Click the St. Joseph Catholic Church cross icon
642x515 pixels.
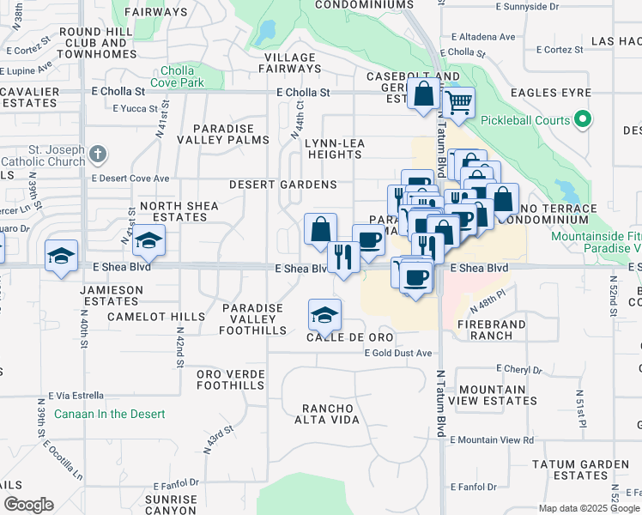click(98, 155)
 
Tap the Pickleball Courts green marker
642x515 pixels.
click(584, 120)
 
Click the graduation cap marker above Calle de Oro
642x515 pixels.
click(325, 314)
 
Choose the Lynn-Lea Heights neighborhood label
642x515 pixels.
click(335, 148)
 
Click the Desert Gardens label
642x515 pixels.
click(282, 185)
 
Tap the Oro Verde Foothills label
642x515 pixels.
click(231, 379)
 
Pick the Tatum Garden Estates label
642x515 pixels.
click(580, 470)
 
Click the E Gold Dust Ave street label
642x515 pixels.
click(397, 354)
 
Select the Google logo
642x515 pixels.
click(28, 505)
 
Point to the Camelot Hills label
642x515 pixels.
click(156, 317)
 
